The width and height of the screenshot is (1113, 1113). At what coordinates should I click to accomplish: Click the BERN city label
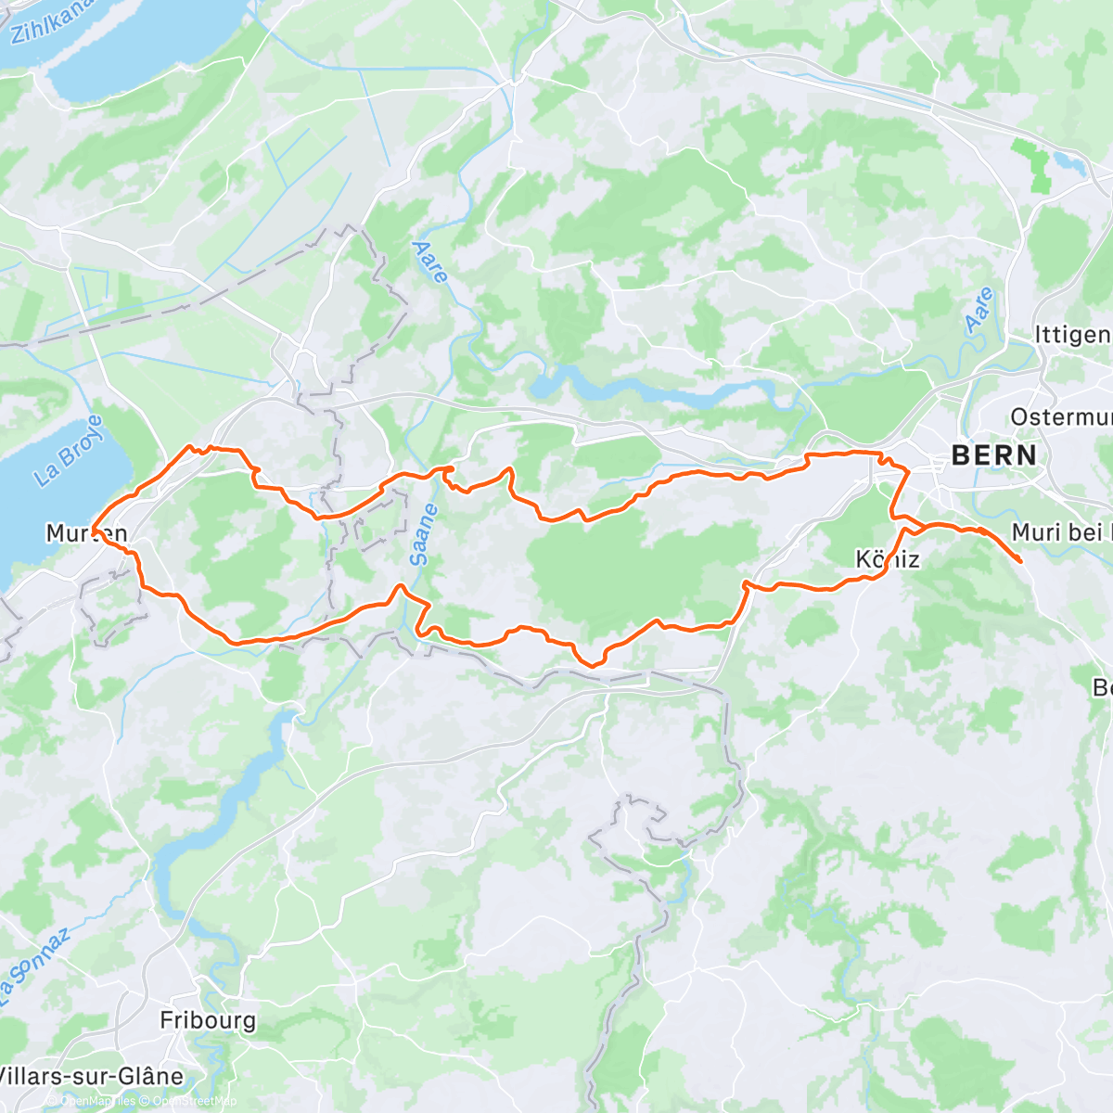(994, 454)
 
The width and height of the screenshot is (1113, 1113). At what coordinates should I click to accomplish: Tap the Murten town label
(86, 533)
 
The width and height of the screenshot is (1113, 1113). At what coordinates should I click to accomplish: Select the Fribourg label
(208, 1020)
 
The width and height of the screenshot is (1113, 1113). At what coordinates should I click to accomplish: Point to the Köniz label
(887, 559)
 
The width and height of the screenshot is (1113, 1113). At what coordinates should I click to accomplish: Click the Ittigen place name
(1072, 334)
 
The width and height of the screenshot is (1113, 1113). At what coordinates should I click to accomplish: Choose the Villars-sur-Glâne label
(91, 1076)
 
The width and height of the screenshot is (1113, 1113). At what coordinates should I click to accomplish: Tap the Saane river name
(420, 535)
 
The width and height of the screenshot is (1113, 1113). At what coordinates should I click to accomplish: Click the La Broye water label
(69, 452)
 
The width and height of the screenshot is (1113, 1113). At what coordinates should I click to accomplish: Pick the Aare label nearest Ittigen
(979, 311)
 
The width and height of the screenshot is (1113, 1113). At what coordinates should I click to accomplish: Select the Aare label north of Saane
(430, 262)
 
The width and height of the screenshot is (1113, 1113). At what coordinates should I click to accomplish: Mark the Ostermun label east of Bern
(1061, 416)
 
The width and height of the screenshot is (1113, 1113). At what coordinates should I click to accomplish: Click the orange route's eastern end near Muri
(1020, 560)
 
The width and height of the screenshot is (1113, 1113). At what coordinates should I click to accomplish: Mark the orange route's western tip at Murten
(93, 531)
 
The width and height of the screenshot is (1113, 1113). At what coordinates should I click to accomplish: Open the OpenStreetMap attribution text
(195, 1101)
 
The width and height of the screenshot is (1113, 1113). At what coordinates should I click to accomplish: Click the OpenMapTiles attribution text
(96, 1101)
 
